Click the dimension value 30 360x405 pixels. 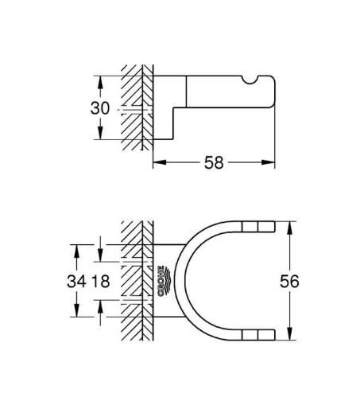pyautogui.click(x=99, y=107)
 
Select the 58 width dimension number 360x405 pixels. pyautogui.click(x=214, y=162)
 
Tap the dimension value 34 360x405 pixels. pyautogui.click(x=77, y=281)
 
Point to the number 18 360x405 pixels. pyautogui.click(x=101, y=281)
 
